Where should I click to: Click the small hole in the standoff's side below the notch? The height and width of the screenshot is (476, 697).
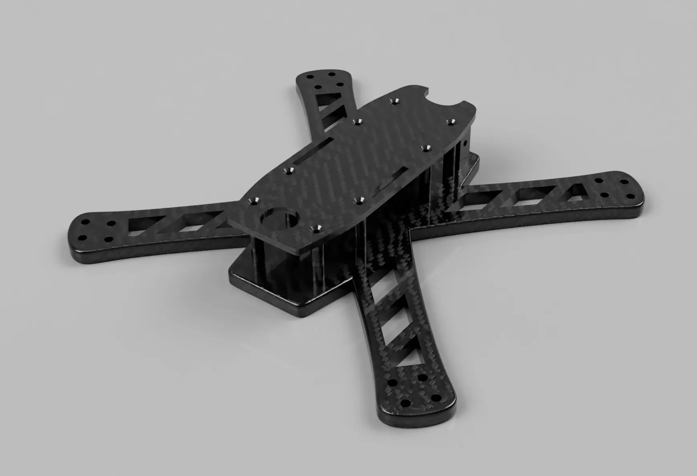[x=465, y=143]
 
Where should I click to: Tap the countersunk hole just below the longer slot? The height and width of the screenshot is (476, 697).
[x=288, y=171]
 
